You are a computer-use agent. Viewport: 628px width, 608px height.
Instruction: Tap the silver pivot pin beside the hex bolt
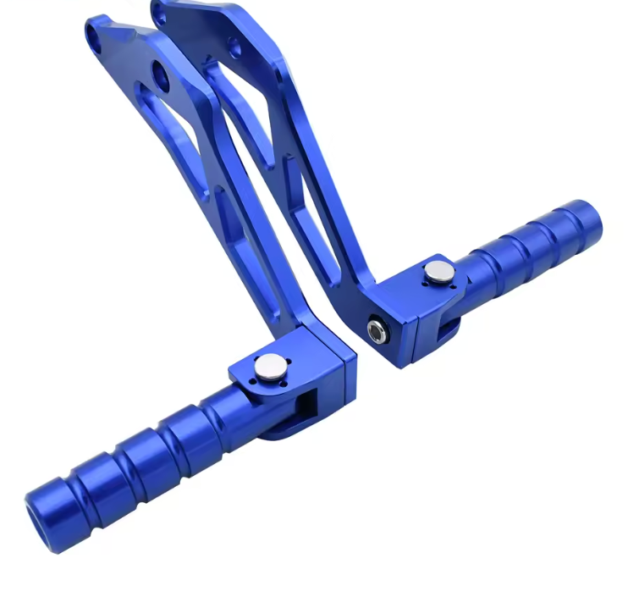pyautogui.click(x=439, y=272)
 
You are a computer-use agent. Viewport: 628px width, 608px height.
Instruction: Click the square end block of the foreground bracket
pyautogui.click(x=330, y=360)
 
